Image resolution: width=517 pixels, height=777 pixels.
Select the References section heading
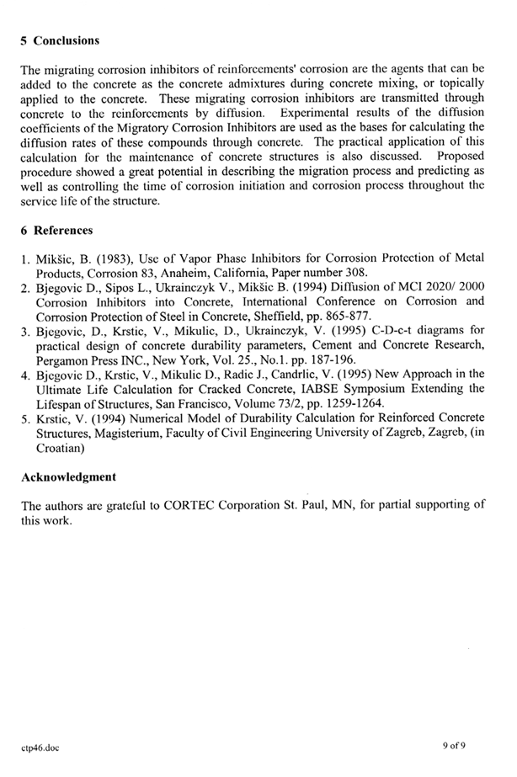tap(63, 230)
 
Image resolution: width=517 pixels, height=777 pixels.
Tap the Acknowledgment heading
tap(68, 476)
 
